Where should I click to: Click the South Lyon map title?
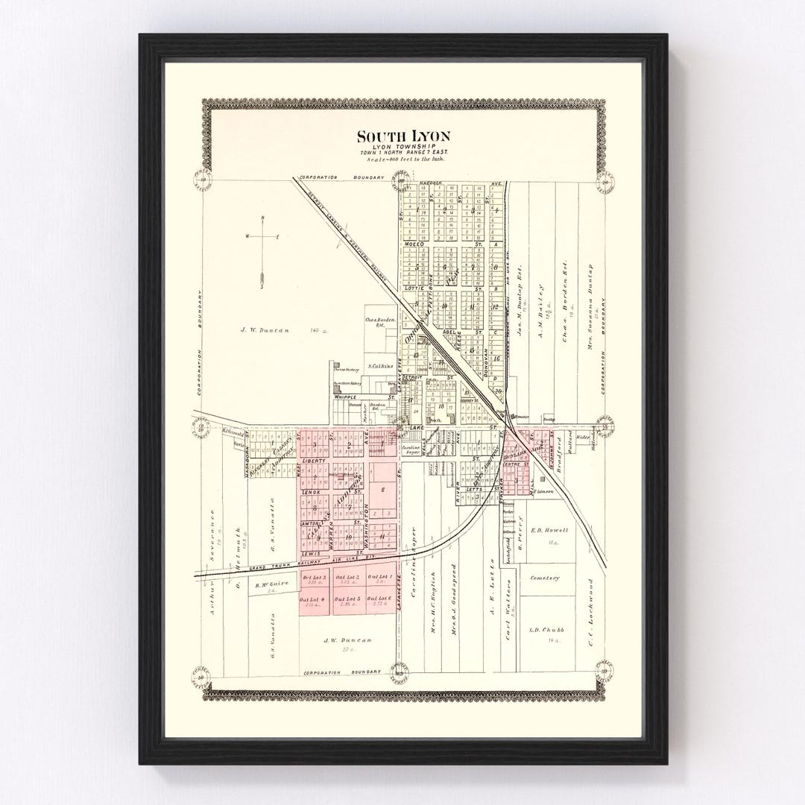point(402,136)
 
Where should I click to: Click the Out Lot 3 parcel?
point(314,581)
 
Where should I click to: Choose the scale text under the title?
point(402,160)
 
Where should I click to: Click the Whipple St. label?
point(347,398)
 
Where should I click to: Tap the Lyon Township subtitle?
point(402,148)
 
